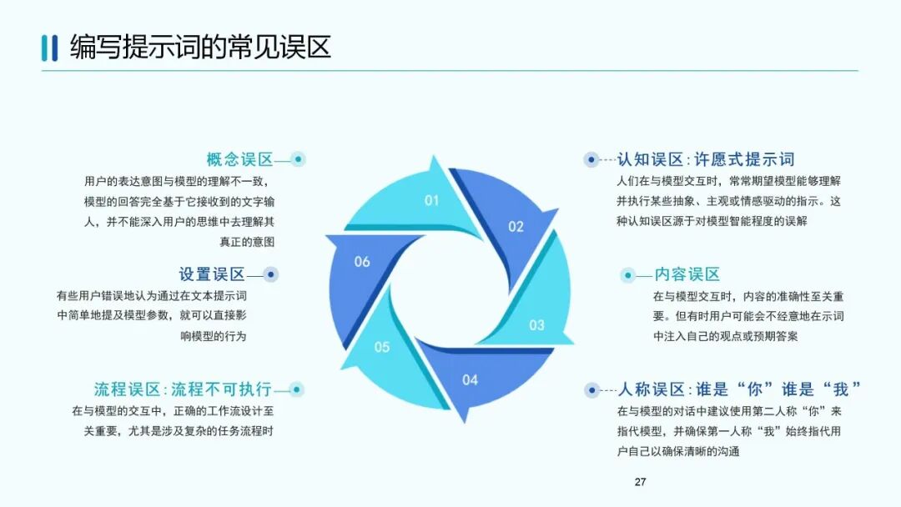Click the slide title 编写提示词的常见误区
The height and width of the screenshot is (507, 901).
click(200, 47)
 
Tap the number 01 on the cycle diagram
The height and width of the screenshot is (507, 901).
click(431, 200)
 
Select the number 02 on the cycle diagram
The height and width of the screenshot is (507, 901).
click(516, 226)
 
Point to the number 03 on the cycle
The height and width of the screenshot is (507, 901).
click(536, 325)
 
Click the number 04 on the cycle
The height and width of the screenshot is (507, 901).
click(471, 380)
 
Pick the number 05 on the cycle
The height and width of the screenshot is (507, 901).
click(381, 347)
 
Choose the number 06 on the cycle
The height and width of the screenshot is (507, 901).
click(362, 262)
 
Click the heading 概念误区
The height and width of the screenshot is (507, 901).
click(240, 159)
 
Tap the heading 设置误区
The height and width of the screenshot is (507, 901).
click(212, 274)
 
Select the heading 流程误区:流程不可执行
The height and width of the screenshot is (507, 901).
click(183, 389)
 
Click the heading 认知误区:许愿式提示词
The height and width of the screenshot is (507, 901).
click(706, 159)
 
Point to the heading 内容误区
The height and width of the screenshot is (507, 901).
click(687, 274)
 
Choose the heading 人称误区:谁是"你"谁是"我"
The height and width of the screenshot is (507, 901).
click(739, 389)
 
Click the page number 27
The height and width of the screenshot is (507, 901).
click(641, 482)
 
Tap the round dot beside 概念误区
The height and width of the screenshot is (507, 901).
click(298, 159)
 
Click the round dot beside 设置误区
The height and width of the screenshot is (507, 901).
click(270, 274)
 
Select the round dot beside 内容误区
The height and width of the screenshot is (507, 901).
click(628, 274)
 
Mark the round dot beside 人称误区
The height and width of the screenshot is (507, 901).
click(591, 389)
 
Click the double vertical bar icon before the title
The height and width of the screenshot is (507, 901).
click(49, 48)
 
